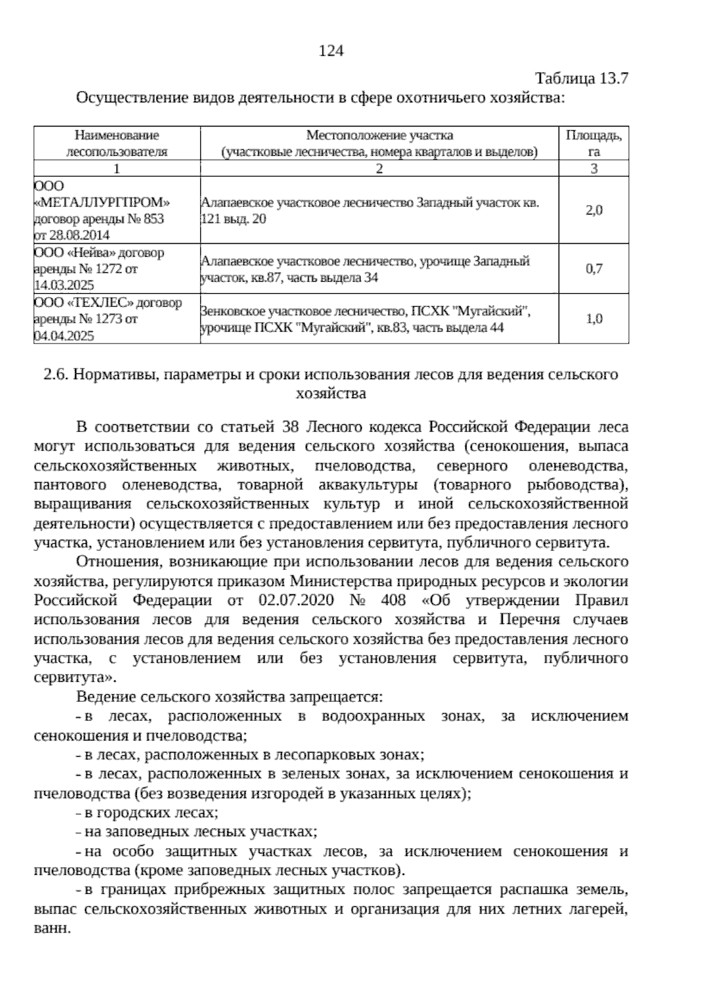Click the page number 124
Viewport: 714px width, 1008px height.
331,51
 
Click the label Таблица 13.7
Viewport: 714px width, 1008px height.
581,78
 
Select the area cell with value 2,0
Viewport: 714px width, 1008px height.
593,210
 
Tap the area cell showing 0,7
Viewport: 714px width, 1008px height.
593,269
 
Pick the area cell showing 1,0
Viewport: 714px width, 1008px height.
593,319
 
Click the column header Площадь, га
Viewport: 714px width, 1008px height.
593,143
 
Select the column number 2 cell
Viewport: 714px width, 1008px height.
379,169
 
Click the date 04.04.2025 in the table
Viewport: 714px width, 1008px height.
64,336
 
